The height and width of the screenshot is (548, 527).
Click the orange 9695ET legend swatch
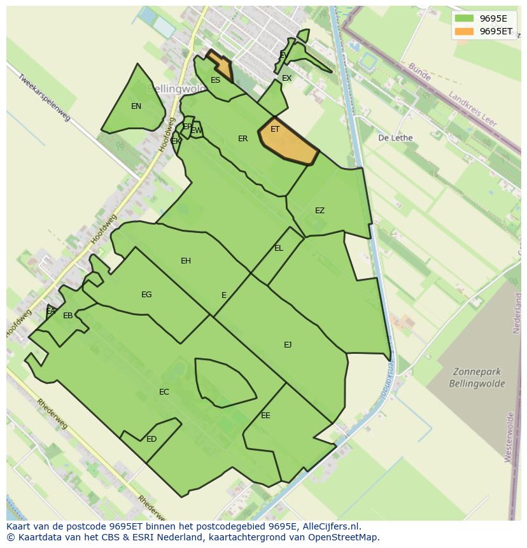(x=465, y=31)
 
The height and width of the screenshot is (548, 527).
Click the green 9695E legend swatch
(x=465, y=18)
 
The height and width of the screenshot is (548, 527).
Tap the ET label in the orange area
(x=275, y=129)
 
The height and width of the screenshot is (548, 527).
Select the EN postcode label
(x=136, y=106)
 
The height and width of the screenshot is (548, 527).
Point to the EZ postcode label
(x=320, y=211)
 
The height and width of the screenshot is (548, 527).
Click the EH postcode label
(x=186, y=261)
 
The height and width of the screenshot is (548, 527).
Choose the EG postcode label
(x=146, y=295)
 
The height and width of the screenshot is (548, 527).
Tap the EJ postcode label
(x=288, y=345)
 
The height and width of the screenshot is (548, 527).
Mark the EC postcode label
(x=164, y=392)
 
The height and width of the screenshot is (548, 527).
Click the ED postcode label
(x=151, y=439)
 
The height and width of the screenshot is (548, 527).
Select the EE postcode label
(x=265, y=416)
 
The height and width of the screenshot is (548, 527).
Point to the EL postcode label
(x=279, y=248)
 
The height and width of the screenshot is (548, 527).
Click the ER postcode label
(x=242, y=139)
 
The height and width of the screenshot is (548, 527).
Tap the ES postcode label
(x=215, y=80)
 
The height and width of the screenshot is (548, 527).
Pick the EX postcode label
(x=286, y=78)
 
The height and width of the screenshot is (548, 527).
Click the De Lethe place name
(x=395, y=138)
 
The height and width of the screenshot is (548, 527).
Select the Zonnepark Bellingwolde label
(x=477, y=377)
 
